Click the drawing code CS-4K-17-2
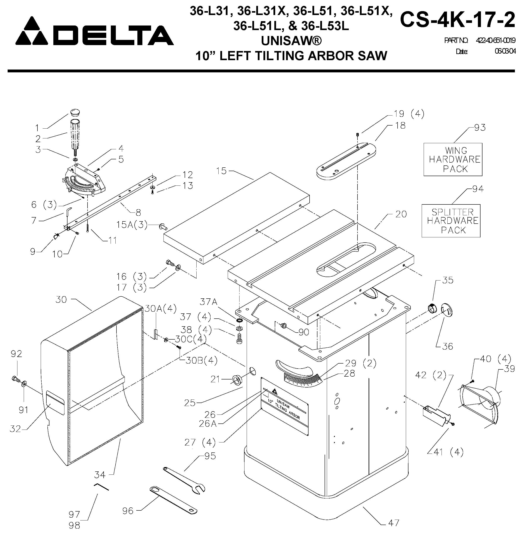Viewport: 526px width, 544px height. [457, 20]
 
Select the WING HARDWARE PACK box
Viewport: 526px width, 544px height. [453, 160]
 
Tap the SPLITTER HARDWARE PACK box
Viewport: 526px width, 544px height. [451, 221]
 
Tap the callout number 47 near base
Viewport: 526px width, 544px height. [393, 523]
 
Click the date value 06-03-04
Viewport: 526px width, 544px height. [505, 51]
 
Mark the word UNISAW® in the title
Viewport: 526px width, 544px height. [291, 41]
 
